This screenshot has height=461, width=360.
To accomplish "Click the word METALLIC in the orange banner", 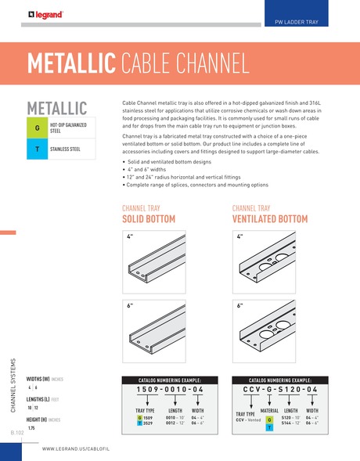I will pyautogui.click(x=71, y=63).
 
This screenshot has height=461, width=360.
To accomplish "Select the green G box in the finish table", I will pyautogui.click(x=37, y=128).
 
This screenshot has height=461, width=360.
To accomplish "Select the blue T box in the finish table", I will pyautogui.click(x=37, y=149).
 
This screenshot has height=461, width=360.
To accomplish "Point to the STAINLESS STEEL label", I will pyautogui.click(x=68, y=149).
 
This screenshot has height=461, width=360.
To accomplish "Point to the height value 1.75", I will pyautogui.click(x=32, y=428).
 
